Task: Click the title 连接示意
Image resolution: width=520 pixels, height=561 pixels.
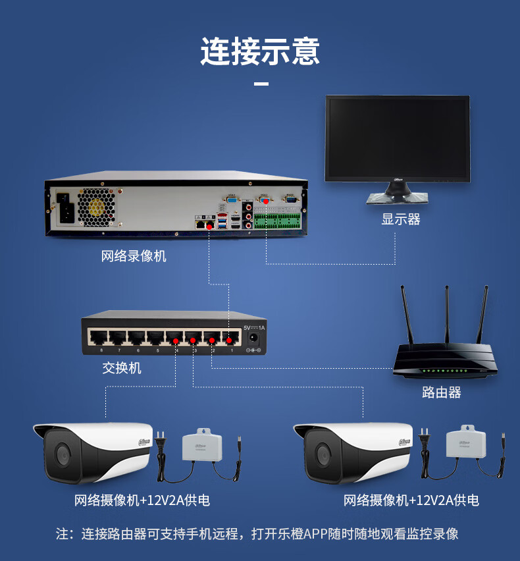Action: pos(260,51)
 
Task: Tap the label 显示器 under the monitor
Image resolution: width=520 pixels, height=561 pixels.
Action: pos(400,219)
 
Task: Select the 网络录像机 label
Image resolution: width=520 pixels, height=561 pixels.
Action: pos(134,255)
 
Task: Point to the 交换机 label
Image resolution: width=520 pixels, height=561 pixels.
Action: pos(122,367)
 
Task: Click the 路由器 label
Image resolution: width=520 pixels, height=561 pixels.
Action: pos(441,392)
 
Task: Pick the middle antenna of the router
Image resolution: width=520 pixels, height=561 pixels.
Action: pos(447,316)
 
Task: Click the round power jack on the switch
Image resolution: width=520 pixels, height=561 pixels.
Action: pos(252,338)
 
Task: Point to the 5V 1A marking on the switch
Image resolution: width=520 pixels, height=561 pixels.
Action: pos(253,327)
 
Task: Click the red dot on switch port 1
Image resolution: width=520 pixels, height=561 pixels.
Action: pos(229,340)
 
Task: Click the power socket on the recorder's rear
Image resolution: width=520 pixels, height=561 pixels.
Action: pos(66,207)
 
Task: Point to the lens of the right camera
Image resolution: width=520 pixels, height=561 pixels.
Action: pos(323,454)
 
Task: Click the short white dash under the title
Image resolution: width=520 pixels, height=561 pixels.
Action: pos(261,84)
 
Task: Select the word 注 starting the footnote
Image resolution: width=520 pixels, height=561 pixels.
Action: pos(63,533)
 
